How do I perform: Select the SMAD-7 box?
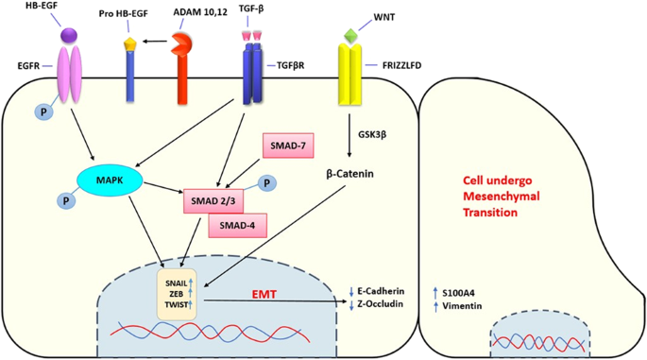[287, 146]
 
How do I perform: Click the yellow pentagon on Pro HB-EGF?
[128, 43]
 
